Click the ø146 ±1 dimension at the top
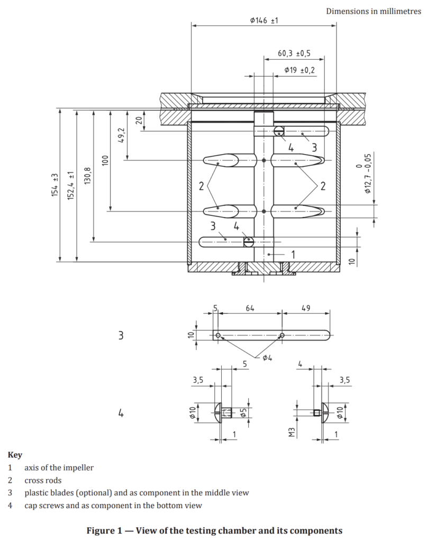[x=264, y=21]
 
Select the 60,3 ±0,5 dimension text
[x=294, y=53]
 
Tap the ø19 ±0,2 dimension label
[x=299, y=70]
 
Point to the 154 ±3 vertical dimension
[x=54, y=185]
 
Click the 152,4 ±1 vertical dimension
[x=71, y=185]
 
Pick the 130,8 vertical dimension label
[x=88, y=176]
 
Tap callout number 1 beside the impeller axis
[x=293, y=255]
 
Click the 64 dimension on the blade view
[x=250, y=308]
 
